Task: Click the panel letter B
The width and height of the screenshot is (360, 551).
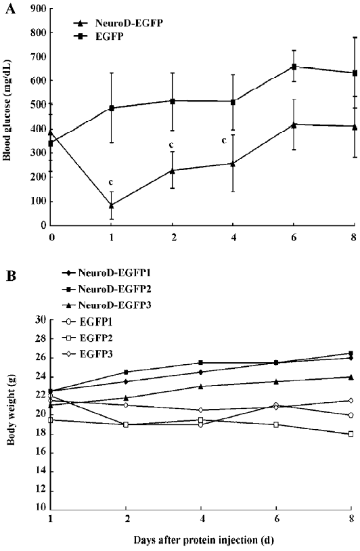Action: tap(11, 276)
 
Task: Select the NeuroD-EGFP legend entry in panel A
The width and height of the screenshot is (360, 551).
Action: tap(118, 23)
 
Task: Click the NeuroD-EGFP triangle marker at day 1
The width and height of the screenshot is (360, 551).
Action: tap(112, 205)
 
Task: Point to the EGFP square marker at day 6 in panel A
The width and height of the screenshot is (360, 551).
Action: tap(294, 67)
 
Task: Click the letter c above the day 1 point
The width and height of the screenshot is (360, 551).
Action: tap(111, 182)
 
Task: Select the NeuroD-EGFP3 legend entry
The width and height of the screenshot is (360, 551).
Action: tap(107, 305)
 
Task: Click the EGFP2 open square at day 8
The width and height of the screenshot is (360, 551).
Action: tap(351, 434)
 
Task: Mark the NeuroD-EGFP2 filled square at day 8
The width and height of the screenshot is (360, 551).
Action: tap(351, 353)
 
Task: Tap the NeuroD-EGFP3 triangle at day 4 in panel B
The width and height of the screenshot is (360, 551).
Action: tap(201, 387)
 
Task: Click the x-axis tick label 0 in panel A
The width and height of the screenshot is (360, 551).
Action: tap(52, 238)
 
